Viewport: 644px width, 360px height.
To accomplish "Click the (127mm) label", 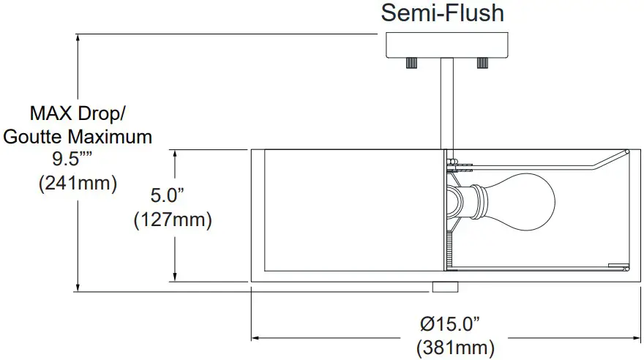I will (173, 219).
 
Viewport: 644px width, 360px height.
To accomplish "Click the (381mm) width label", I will (454, 346).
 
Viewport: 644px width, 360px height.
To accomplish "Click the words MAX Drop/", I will (78, 113).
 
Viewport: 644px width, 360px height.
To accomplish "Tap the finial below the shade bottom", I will (444, 287).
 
